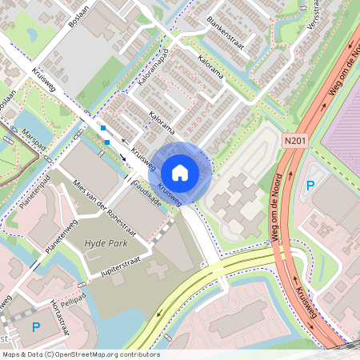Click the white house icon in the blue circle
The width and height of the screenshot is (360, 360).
tap(180, 173)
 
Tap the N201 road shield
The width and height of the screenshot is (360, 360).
tap(295, 141)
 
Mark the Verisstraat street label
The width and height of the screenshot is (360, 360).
tap(313, 18)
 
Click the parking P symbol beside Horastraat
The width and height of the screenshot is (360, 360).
tap(35, 326)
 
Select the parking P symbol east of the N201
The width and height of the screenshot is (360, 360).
tap(310, 186)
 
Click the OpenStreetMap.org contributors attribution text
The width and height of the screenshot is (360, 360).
tap(112, 354)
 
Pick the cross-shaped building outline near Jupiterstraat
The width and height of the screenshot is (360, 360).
tap(157, 267)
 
